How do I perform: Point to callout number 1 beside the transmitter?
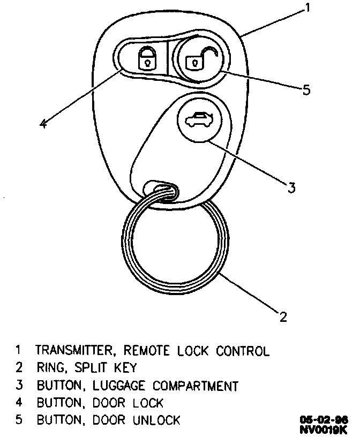point(308,7)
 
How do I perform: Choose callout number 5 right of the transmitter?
point(306,89)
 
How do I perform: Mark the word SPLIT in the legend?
point(91,368)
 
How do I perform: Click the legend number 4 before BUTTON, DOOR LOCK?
point(19,403)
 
